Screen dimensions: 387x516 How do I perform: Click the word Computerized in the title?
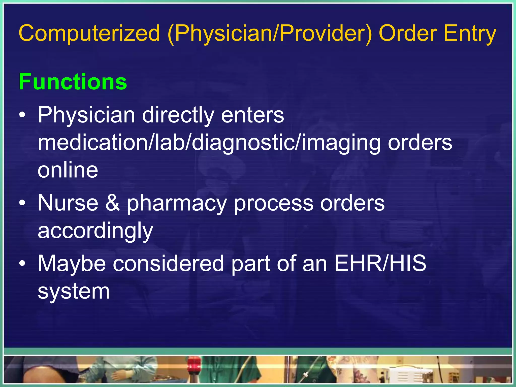point(89,34)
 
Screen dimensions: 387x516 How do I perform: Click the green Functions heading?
point(73,82)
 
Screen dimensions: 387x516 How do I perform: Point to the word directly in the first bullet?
point(178,115)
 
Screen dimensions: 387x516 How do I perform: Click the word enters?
point(252,115)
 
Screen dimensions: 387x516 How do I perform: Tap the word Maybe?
point(72,264)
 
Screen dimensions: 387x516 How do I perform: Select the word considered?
point(168,263)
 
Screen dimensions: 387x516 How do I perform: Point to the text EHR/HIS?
point(380,263)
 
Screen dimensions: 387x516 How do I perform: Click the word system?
point(74,292)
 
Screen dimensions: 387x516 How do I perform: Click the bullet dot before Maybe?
point(22,264)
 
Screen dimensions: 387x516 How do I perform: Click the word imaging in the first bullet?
point(341,143)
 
